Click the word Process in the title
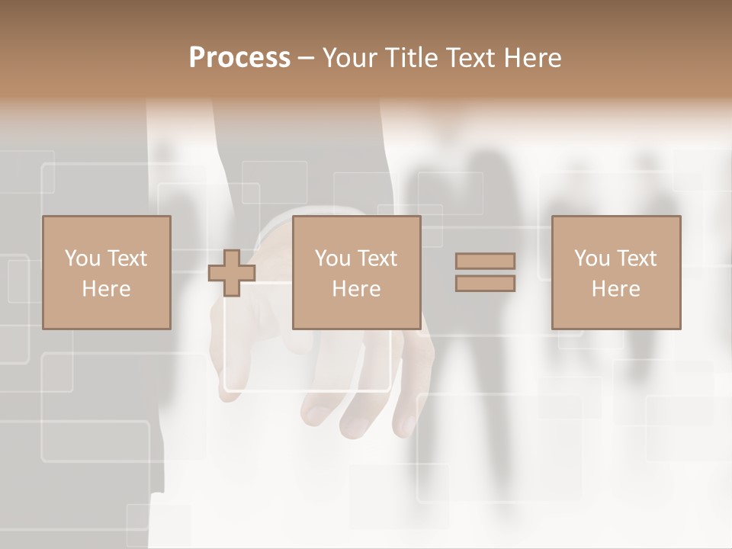tap(239, 58)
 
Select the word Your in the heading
tap(350, 58)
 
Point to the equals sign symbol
tap(485, 272)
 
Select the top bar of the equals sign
tap(485, 262)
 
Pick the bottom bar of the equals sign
tap(485, 284)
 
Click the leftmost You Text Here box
tap(107, 273)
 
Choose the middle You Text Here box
tap(356, 273)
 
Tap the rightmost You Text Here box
tap(616, 273)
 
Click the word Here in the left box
tap(107, 289)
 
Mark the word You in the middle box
tap(332, 258)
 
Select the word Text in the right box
tap(637, 258)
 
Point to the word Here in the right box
tap(616, 289)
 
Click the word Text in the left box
tap(127, 258)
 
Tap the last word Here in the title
tap(531, 58)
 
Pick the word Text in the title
tap(470, 58)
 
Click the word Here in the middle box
tap(356, 289)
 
